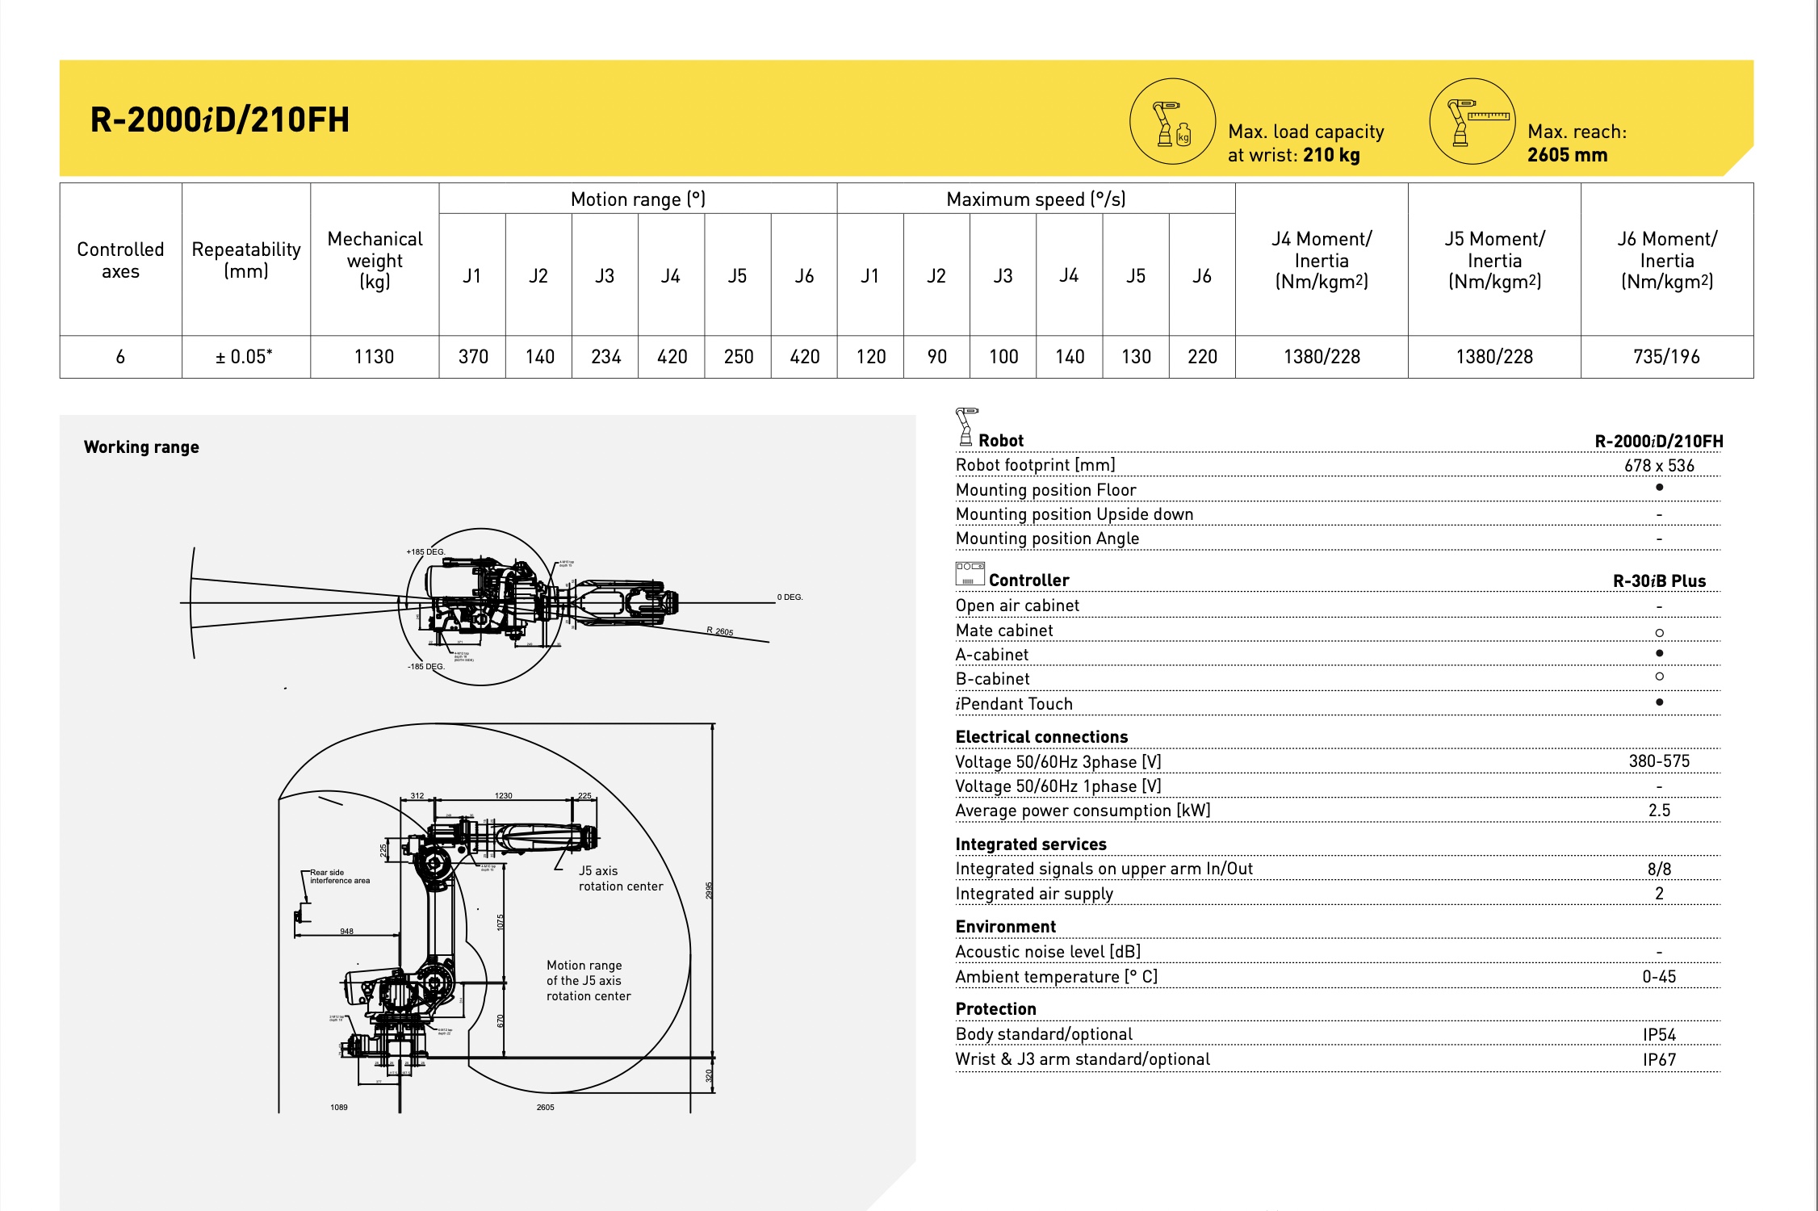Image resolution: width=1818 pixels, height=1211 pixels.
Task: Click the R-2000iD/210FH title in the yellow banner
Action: click(220, 119)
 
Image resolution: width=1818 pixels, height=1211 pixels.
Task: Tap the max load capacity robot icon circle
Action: click(1172, 122)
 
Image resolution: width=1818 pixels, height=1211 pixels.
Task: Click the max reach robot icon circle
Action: click(1472, 122)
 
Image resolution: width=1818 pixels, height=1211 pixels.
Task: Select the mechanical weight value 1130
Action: click(374, 357)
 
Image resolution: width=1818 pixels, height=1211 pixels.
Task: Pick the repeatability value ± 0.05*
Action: click(245, 357)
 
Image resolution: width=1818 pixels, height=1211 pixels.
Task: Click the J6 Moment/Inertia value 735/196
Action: click(1666, 357)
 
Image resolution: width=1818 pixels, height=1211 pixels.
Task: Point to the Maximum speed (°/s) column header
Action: click(1036, 199)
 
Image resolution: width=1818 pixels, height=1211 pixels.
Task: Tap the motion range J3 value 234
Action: click(605, 357)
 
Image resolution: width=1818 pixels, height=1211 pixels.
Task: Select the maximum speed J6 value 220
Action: click(1202, 357)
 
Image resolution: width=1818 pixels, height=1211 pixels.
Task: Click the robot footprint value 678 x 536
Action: click(1659, 466)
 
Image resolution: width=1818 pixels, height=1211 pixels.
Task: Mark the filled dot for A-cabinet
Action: click(1659, 653)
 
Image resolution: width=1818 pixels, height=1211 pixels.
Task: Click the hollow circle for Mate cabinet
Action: click(1659, 633)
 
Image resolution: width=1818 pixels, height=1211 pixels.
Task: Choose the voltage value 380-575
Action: click(1659, 761)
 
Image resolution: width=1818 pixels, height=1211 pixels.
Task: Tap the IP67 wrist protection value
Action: click(1659, 1060)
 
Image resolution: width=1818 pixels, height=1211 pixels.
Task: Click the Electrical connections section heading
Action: click(1041, 737)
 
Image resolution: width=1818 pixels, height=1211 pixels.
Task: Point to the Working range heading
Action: click(141, 447)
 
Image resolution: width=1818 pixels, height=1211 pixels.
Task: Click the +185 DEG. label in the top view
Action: click(425, 552)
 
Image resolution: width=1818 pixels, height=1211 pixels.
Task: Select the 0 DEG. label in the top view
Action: click(790, 597)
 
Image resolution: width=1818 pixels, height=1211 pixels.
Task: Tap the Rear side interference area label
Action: click(339, 877)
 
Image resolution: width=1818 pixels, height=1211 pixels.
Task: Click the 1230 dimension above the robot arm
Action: click(503, 796)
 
